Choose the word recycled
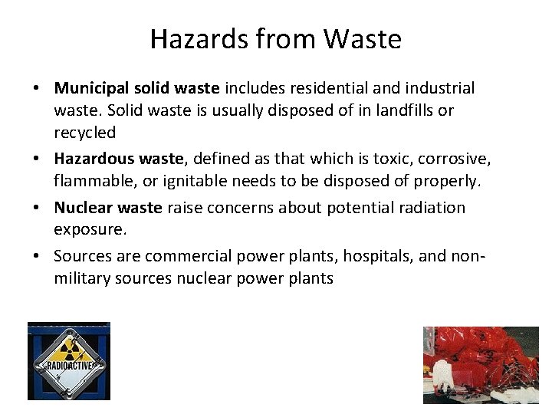pos(85,133)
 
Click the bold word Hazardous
pos(91,159)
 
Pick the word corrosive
pos(450,159)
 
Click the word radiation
pos(432,208)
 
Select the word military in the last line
pos(82,278)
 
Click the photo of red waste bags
pos(481,365)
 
